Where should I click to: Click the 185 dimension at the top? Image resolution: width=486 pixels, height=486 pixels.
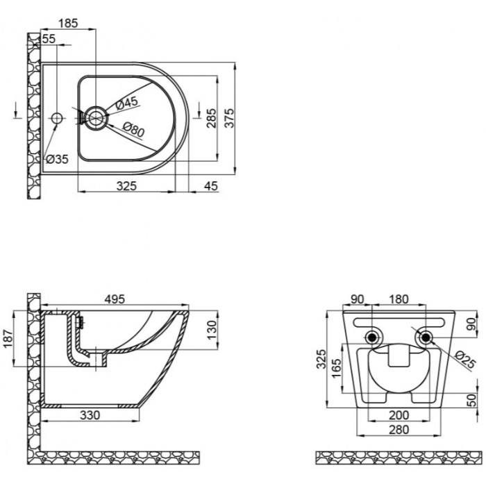point(68,23)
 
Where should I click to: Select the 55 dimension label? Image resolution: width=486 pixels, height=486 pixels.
point(49,39)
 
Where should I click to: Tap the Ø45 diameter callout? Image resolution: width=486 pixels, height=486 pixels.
point(126,103)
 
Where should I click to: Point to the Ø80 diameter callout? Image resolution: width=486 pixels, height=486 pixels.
point(133,129)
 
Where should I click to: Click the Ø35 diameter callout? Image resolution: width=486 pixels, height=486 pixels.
point(57,159)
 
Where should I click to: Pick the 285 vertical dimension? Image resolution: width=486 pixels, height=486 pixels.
point(211,118)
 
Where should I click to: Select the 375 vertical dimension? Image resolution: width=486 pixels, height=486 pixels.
point(230,118)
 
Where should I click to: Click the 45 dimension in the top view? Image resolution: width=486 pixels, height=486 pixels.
point(211,186)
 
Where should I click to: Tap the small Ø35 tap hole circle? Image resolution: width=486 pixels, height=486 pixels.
point(57,118)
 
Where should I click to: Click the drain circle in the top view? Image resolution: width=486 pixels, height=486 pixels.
point(96,118)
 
